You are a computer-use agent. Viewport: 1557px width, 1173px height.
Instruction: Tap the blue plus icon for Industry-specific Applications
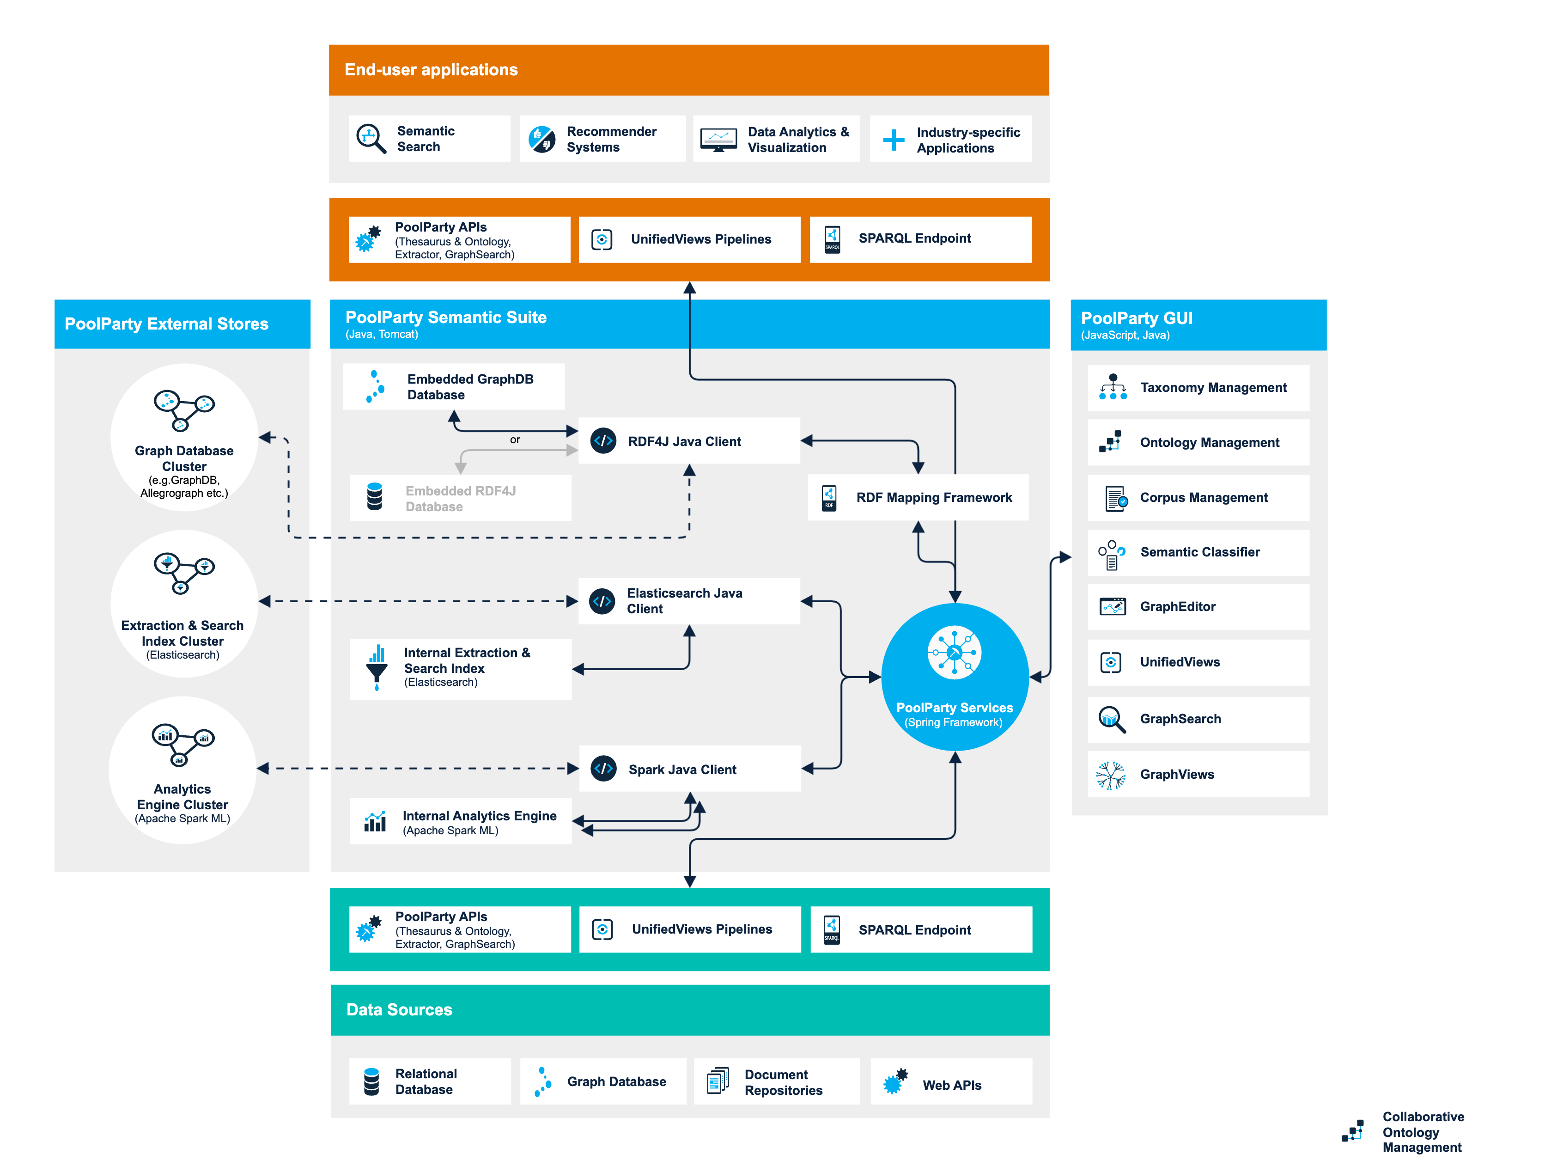click(x=893, y=140)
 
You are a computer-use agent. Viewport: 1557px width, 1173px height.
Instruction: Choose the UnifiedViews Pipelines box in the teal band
click(x=689, y=929)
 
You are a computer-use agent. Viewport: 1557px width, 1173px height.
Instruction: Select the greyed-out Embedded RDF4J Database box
click(x=460, y=499)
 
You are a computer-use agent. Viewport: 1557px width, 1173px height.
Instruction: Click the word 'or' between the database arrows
click(x=515, y=440)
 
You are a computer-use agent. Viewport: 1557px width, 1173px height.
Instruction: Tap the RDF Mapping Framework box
click(x=918, y=498)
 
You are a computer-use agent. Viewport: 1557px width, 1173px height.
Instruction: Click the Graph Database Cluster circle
click(x=184, y=437)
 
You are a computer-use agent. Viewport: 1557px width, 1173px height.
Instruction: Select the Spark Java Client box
click(x=689, y=769)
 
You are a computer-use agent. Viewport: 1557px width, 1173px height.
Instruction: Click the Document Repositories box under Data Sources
click(x=776, y=1082)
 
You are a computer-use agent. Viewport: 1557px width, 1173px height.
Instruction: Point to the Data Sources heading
click(x=399, y=1010)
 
